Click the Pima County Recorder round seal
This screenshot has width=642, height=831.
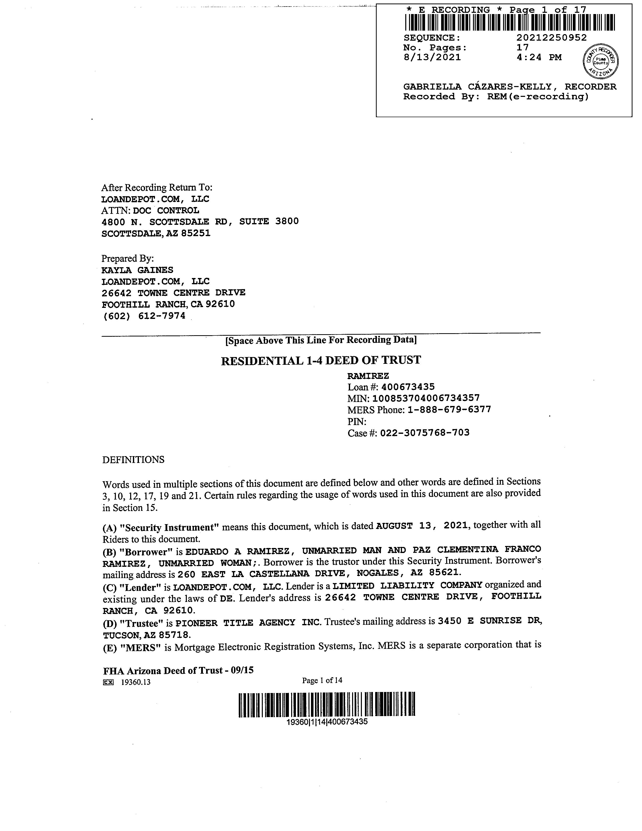(x=601, y=61)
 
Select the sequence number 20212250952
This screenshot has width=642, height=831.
(x=551, y=38)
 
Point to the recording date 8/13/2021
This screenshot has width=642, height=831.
(x=432, y=57)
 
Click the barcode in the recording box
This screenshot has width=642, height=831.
(x=510, y=22)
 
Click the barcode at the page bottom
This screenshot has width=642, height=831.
(x=327, y=705)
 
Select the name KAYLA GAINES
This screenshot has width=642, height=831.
(x=137, y=270)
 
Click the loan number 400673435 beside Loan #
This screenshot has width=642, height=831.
(x=408, y=387)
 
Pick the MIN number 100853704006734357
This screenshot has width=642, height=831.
(x=426, y=398)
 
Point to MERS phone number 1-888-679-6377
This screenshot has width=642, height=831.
(x=449, y=410)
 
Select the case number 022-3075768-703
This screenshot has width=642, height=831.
(x=425, y=433)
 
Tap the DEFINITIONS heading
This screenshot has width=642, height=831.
(x=133, y=460)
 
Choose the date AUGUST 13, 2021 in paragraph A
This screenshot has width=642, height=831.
(x=422, y=526)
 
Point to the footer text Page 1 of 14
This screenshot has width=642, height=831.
(x=322, y=680)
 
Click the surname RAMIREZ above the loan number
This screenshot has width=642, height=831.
(x=368, y=376)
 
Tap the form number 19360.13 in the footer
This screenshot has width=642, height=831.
(x=135, y=682)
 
